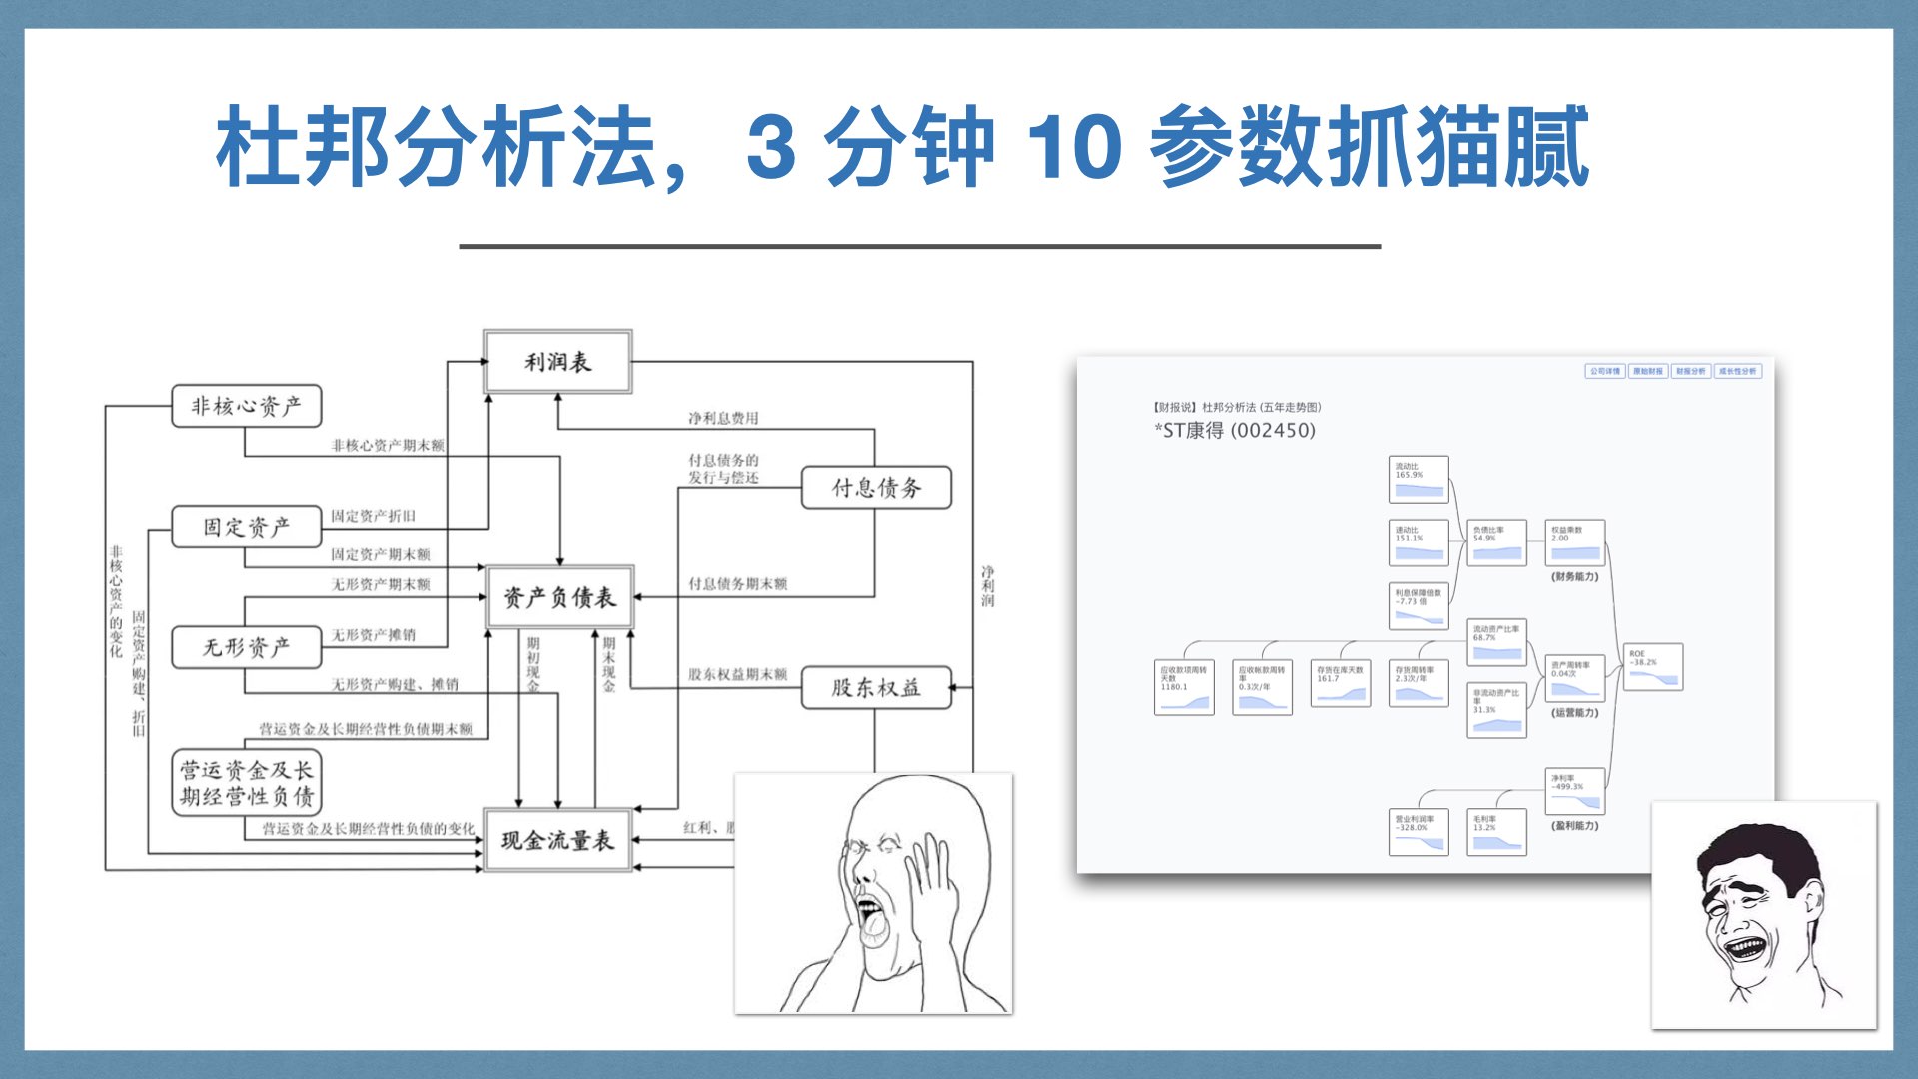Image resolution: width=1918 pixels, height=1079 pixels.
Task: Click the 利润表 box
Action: click(x=557, y=362)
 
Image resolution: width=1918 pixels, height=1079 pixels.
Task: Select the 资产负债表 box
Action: click(x=559, y=597)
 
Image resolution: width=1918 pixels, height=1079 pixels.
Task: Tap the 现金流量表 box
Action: click(x=557, y=840)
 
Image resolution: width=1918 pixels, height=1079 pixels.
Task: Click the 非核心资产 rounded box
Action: click(x=246, y=406)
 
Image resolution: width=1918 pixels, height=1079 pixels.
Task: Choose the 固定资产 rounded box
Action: click(x=246, y=527)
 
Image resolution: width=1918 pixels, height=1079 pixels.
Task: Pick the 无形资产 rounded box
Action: click(x=246, y=647)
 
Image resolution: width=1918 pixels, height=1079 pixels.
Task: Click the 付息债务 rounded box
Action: click(x=876, y=488)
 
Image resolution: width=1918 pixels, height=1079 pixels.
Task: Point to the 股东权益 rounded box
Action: click(x=876, y=687)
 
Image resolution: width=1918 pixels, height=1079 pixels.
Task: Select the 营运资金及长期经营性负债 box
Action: click(x=246, y=783)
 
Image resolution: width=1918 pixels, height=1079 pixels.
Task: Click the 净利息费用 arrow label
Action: click(x=723, y=418)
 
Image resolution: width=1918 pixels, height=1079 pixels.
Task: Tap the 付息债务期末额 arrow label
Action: click(x=737, y=583)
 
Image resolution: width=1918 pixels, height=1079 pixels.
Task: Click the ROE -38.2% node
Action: click(x=1653, y=667)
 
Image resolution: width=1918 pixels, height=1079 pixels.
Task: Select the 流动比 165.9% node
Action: click(x=1419, y=480)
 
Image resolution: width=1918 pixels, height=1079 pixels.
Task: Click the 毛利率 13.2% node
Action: click(x=1496, y=832)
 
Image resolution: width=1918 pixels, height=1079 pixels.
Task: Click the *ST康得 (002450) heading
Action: click(x=1235, y=431)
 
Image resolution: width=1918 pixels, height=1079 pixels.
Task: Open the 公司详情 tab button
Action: click(x=1605, y=371)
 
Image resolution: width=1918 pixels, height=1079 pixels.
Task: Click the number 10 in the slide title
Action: click(x=1074, y=147)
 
